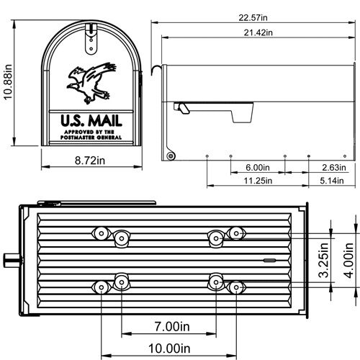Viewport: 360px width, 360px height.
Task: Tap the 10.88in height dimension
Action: click(x=9, y=81)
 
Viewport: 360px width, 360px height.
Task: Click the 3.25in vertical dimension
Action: click(x=325, y=264)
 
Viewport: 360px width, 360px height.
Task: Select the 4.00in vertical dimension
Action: click(x=349, y=264)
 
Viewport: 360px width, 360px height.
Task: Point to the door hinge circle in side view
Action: click(x=171, y=155)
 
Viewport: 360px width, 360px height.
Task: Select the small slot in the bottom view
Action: click(x=269, y=260)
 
